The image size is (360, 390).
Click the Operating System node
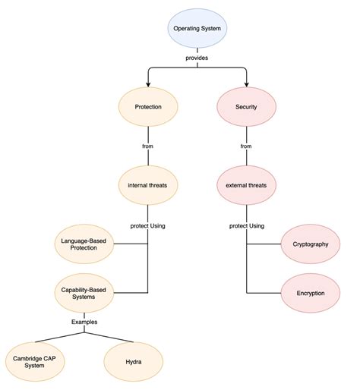(197, 29)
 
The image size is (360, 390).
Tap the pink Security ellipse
(247, 107)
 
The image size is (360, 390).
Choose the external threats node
(247, 184)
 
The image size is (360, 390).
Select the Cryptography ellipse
(310, 244)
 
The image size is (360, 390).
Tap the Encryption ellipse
(310, 292)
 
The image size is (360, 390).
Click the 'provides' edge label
(197, 58)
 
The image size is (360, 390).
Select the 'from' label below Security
(247, 146)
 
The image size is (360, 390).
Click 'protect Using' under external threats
(247, 225)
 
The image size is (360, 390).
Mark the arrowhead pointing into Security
(247, 84)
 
